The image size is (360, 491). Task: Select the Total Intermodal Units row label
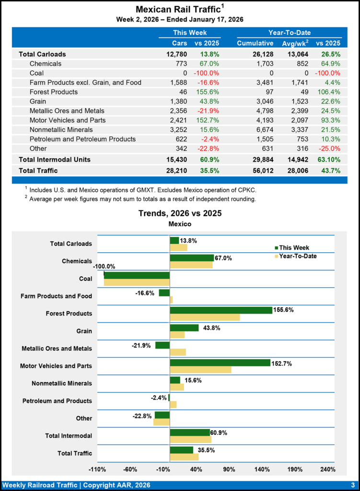click(x=55, y=159)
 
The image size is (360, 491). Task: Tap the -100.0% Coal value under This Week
click(x=206, y=73)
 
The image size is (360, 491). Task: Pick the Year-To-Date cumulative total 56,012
click(x=260, y=170)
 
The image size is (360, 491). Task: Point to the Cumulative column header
click(x=255, y=44)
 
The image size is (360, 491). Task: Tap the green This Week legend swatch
click(x=276, y=248)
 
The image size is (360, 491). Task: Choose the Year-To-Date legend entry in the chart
click(x=298, y=256)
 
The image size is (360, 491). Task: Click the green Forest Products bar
click(x=221, y=310)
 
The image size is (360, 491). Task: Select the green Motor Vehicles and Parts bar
click(x=220, y=362)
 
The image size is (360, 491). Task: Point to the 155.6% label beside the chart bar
click(x=283, y=310)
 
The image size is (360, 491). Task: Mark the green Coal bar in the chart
click(x=137, y=275)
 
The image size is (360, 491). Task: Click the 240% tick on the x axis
click(x=327, y=469)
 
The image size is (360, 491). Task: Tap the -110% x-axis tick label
click(x=97, y=469)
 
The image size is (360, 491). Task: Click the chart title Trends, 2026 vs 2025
click(x=180, y=213)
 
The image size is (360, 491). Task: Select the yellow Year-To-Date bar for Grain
click(x=177, y=335)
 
